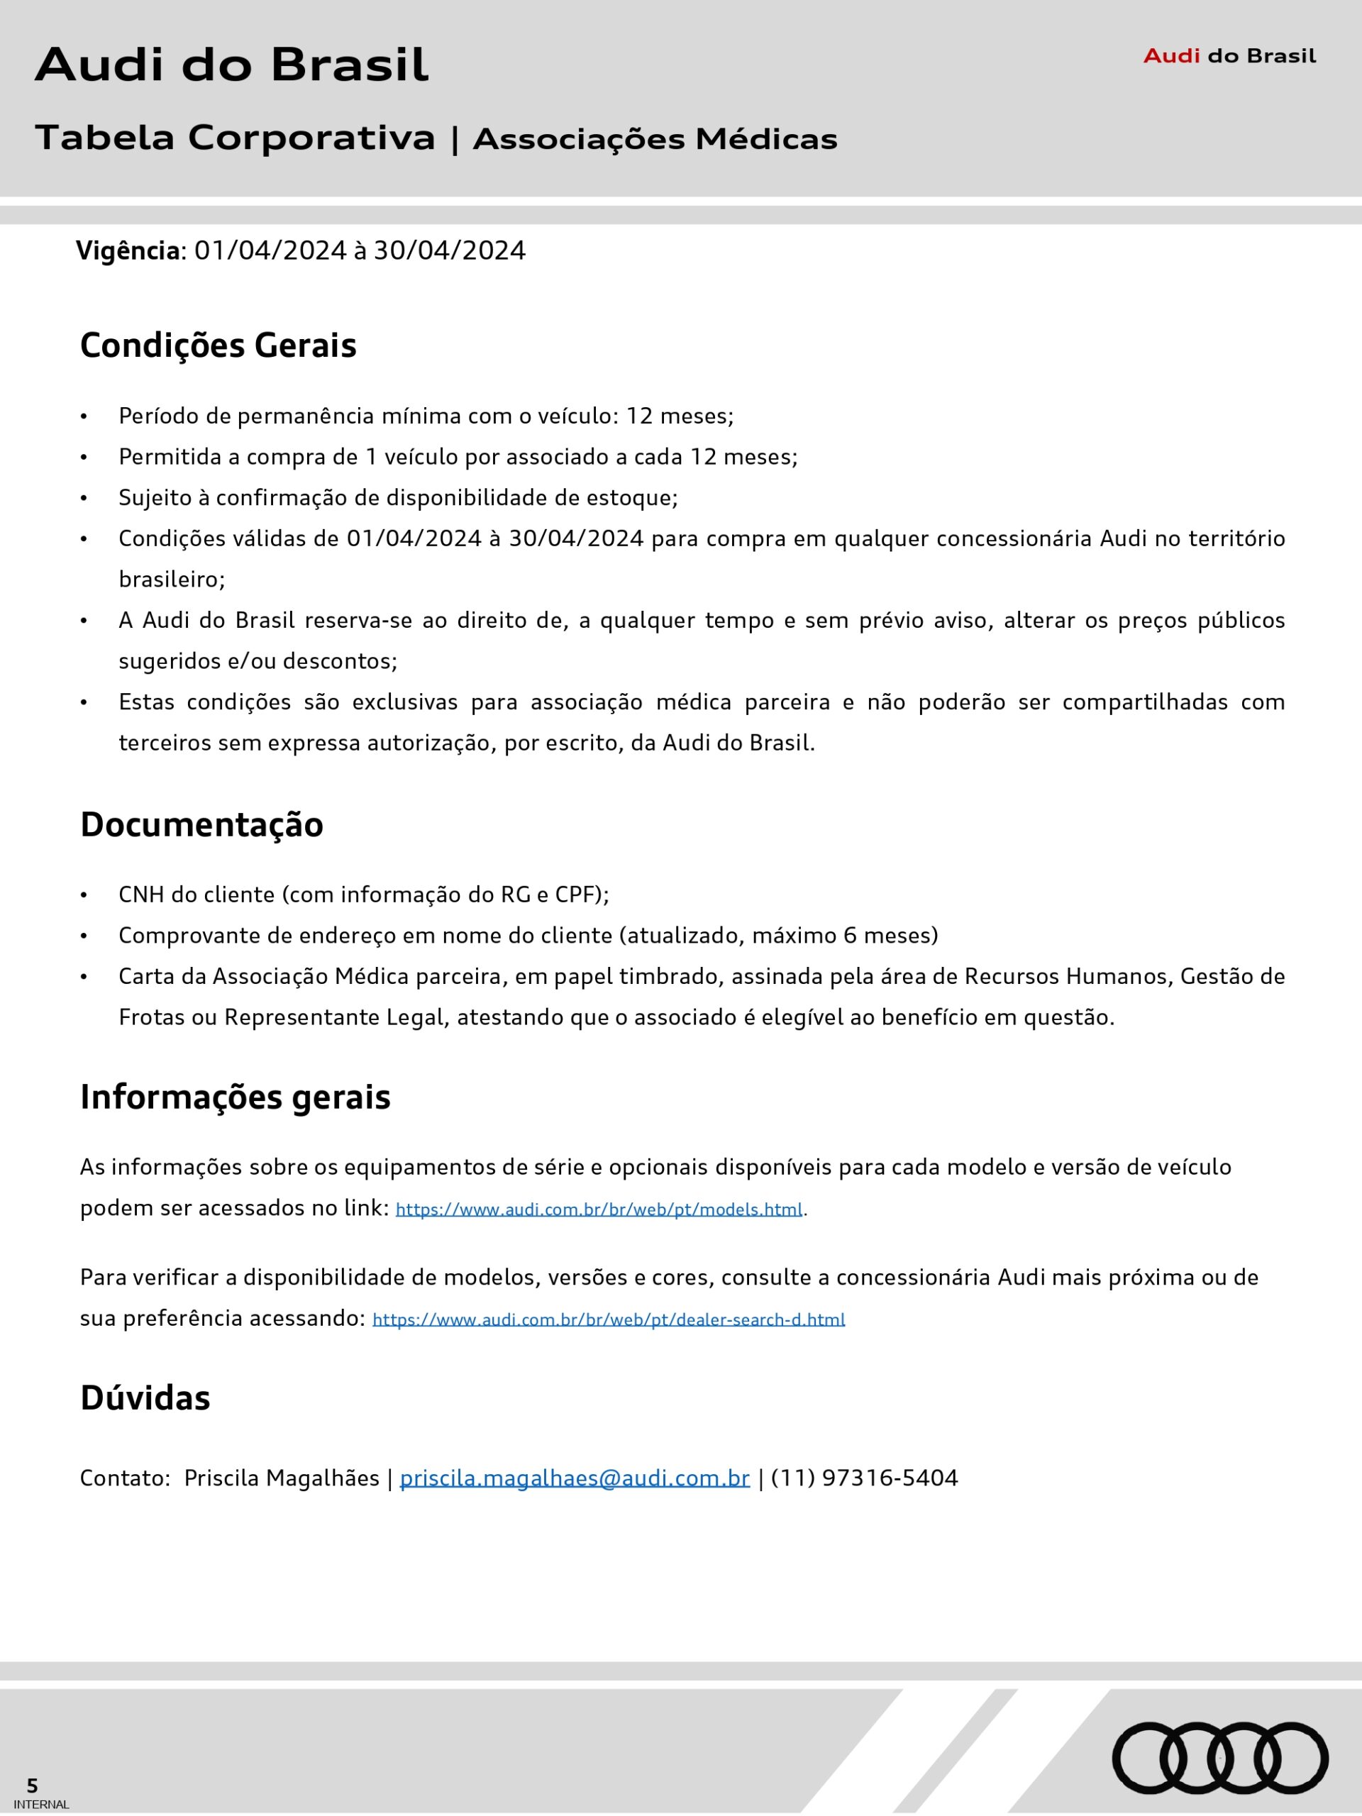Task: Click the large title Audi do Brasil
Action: tap(231, 65)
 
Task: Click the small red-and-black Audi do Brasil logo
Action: tap(1229, 56)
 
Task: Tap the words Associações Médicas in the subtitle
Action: tap(655, 140)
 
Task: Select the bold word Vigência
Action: tap(128, 250)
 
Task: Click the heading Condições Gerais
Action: tap(218, 345)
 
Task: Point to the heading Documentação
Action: tap(201, 825)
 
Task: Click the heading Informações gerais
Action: tap(235, 1097)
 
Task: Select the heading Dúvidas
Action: tap(145, 1398)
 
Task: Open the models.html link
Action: tap(599, 1209)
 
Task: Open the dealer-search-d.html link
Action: tap(609, 1319)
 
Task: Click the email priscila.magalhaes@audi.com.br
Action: tap(574, 1478)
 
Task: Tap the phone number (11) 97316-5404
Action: tap(865, 1478)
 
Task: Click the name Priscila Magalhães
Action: tap(282, 1478)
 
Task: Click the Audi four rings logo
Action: tap(1220, 1758)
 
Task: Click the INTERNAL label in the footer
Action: tap(41, 1805)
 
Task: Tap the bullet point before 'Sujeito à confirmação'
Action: tap(84, 498)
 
